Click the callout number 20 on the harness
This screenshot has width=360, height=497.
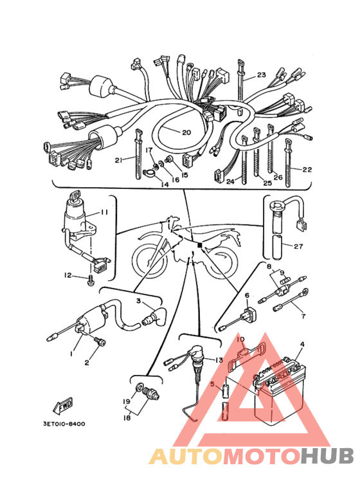[186, 132]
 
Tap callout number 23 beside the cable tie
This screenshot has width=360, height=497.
[261, 75]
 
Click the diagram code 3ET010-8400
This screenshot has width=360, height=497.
[64, 424]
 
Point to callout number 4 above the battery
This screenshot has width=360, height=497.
[302, 344]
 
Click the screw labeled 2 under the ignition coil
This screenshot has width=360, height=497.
[100, 341]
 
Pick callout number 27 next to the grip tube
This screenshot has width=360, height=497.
[298, 246]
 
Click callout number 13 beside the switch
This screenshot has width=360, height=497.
[219, 360]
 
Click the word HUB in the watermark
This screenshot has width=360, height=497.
[327, 456]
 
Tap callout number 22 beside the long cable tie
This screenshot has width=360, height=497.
[307, 170]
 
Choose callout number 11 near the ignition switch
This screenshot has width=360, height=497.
[104, 212]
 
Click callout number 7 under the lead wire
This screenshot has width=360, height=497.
[303, 316]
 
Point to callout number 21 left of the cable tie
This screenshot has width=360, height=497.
[118, 160]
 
